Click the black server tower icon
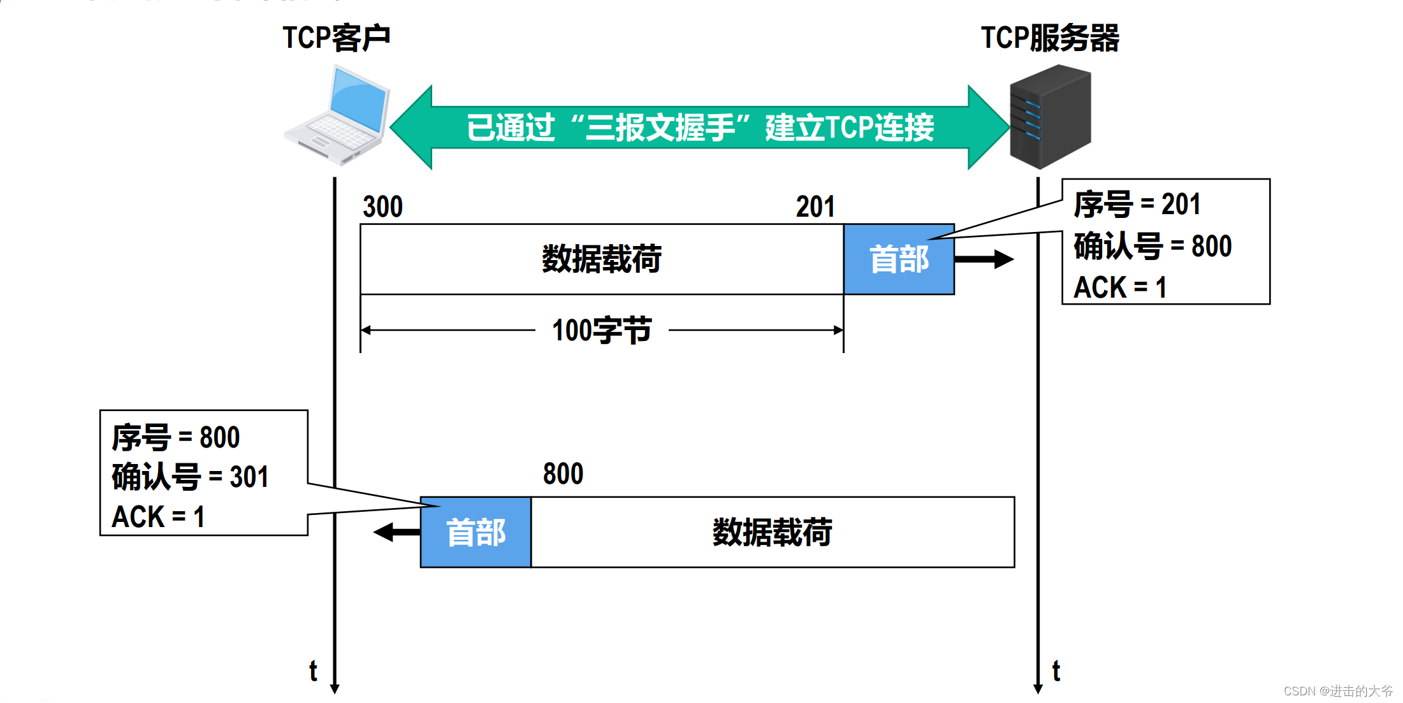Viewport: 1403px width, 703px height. click(x=1050, y=117)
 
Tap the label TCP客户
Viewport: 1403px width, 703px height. click(x=336, y=38)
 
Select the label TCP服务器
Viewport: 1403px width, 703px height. click(x=1050, y=38)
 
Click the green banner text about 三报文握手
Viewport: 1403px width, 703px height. click(x=700, y=127)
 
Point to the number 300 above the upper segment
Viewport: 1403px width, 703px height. click(x=382, y=207)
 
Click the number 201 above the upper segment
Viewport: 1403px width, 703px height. click(x=815, y=207)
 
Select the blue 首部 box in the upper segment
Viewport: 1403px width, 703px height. click(x=899, y=259)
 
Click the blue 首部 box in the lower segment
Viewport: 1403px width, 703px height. click(x=476, y=532)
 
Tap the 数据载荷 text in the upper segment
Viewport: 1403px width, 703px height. click(x=601, y=259)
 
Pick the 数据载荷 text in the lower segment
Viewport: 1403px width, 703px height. click(x=772, y=532)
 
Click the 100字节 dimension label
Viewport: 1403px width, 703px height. click(x=601, y=331)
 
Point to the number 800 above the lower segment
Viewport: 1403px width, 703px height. click(x=563, y=474)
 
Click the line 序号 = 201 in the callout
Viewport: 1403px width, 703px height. click(x=1137, y=205)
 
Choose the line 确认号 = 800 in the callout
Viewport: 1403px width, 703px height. click(x=1152, y=246)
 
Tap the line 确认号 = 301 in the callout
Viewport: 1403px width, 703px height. click(x=190, y=477)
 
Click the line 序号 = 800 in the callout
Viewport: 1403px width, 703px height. click(x=175, y=438)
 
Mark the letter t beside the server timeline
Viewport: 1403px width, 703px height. click(x=1056, y=671)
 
